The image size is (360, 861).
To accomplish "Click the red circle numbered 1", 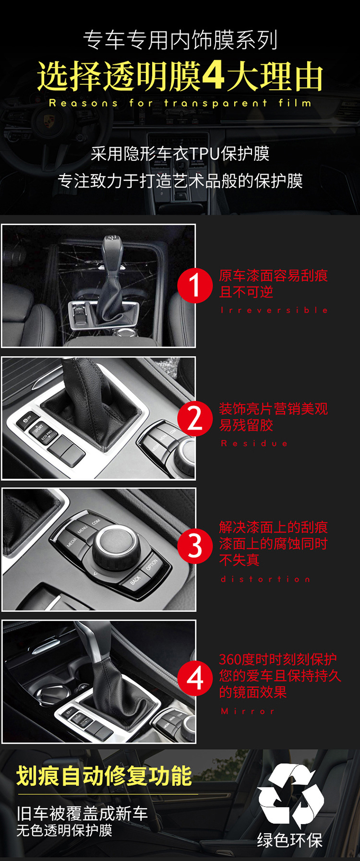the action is (x=195, y=285).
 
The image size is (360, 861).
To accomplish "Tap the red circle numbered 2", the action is (x=195, y=418).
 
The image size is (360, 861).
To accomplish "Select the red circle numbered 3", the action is (x=195, y=546).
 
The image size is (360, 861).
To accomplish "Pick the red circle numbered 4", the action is (x=195, y=678).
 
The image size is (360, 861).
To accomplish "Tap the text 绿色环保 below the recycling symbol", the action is (x=289, y=840).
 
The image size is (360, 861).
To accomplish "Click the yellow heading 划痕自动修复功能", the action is (x=104, y=776).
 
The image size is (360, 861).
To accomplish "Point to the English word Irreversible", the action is (x=275, y=310).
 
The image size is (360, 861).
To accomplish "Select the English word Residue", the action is (x=254, y=443).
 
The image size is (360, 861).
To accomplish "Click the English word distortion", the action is (x=265, y=579).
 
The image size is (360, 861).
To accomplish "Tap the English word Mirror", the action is (x=248, y=711).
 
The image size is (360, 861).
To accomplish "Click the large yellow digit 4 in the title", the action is (x=213, y=76).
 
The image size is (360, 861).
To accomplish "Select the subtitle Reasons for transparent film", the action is (x=180, y=103).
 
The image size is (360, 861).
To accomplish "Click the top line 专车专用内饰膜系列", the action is (x=180, y=40).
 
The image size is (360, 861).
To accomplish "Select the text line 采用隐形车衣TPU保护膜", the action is (x=180, y=154).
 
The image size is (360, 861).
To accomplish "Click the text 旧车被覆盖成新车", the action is (x=82, y=813).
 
